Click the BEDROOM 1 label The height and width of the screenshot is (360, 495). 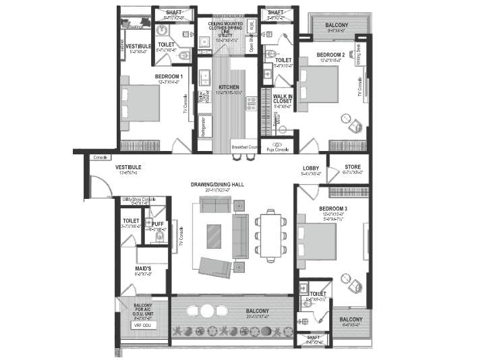coord(169,77)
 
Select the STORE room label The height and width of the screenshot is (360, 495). coord(353,167)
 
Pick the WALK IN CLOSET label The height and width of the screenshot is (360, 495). coord(283,98)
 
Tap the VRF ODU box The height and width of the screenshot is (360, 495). coord(142,325)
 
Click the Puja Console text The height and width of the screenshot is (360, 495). coord(276,149)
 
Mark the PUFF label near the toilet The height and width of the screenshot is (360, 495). coord(158,224)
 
